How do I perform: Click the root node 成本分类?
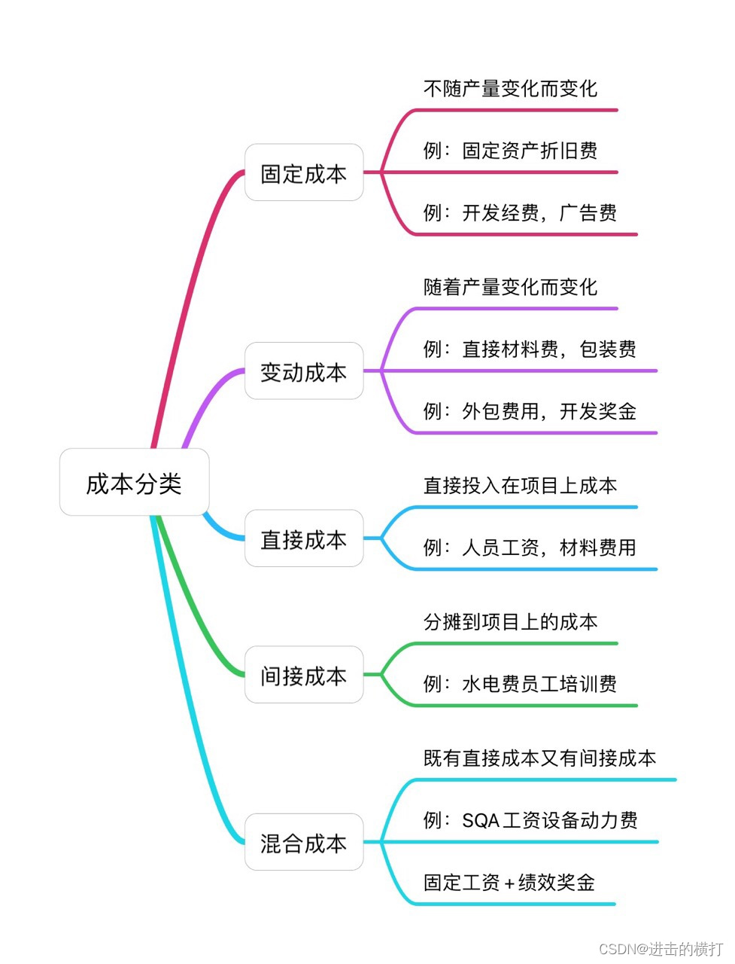point(134,483)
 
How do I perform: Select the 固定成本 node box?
point(304,173)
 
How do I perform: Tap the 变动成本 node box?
point(304,371)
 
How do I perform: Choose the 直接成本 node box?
point(304,539)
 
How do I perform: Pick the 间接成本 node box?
point(304,676)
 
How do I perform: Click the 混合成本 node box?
point(304,843)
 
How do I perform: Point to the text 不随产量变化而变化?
point(510,89)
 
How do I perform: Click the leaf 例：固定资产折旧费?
point(510,151)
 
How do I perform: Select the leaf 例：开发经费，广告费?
point(520,212)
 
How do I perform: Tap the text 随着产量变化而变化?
point(510,287)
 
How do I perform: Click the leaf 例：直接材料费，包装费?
point(530,349)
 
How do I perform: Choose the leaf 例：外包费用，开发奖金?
point(530,411)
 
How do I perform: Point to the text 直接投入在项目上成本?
point(520,486)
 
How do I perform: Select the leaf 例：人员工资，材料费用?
point(530,548)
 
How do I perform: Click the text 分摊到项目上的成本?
point(510,622)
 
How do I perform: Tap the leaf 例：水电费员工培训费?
point(520,684)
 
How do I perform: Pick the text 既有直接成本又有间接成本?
point(539,758)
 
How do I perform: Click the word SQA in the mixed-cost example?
point(481,820)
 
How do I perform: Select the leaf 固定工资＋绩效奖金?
point(509,882)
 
